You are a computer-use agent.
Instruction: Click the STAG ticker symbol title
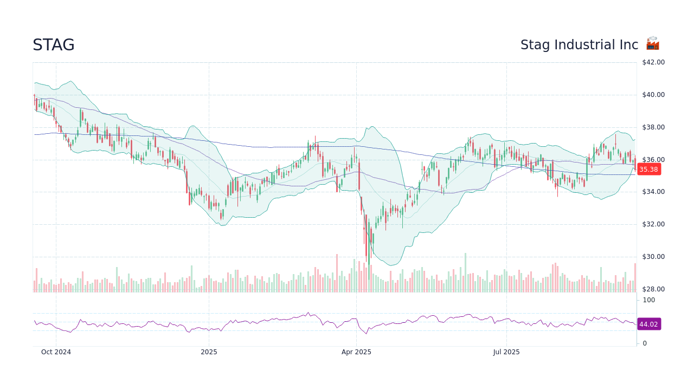[x=53, y=45]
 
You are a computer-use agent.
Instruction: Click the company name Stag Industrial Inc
[x=579, y=45]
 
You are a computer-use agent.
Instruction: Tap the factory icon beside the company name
[x=652, y=44]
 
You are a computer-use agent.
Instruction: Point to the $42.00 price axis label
[x=653, y=62]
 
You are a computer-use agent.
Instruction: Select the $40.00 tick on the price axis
[x=653, y=95]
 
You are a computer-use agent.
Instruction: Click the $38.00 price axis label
[x=653, y=127]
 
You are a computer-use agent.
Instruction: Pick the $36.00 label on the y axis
[x=653, y=160]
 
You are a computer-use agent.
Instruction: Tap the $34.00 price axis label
[x=653, y=192]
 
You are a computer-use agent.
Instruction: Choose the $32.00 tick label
[x=653, y=224]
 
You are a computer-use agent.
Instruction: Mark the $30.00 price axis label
[x=653, y=257]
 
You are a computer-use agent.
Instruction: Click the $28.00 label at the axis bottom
[x=653, y=289]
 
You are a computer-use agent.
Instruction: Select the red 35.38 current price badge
[x=648, y=170]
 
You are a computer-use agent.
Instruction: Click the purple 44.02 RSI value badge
[x=648, y=324]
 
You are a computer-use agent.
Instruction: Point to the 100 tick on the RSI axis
[x=649, y=300]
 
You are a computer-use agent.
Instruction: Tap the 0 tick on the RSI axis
[x=645, y=343]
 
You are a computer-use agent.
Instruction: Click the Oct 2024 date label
[x=56, y=352]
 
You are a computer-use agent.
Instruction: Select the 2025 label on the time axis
[x=209, y=352]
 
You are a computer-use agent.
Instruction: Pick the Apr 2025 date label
[x=356, y=352]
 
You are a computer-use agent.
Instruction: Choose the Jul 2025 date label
[x=506, y=352]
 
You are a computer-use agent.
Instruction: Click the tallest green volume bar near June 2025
[x=465, y=272]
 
